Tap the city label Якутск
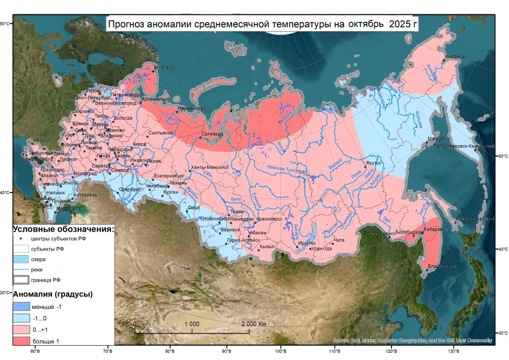coord(373,163)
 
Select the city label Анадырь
coord(455,57)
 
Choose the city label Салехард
coord(212,134)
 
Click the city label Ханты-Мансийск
coord(209,167)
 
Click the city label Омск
coord(193,207)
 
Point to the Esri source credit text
coord(412,340)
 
